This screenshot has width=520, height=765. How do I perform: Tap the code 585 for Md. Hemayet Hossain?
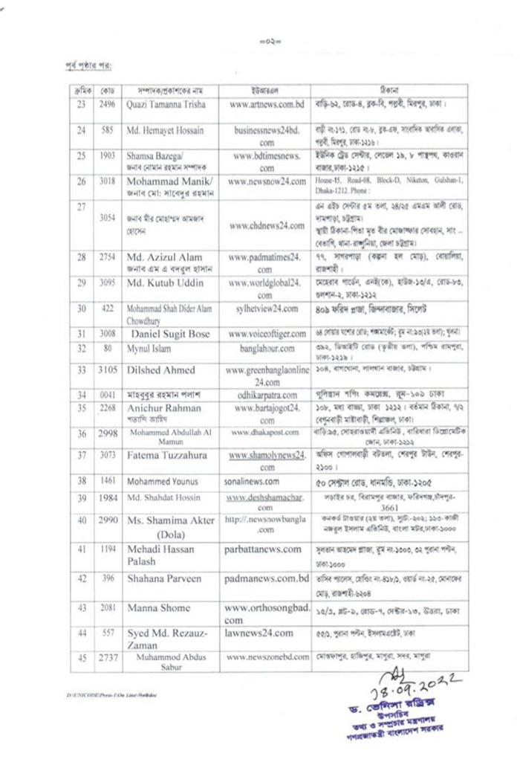pos(106,130)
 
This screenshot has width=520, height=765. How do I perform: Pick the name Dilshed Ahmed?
pos(160,369)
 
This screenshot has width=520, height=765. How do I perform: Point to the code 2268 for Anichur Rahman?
pos(107,407)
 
